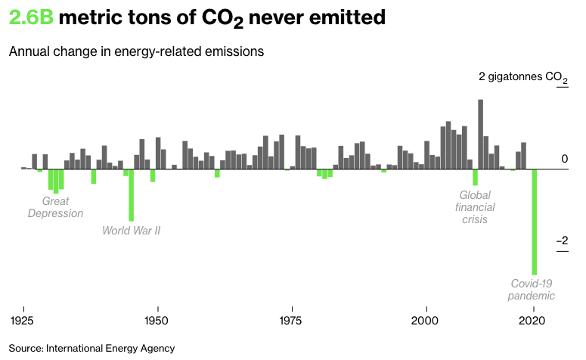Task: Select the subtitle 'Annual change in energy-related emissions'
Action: click(x=136, y=52)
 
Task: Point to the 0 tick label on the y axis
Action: click(x=564, y=158)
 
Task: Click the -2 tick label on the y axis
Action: click(x=562, y=241)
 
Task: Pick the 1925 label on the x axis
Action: click(x=24, y=320)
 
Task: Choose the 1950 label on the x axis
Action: click(x=157, y=320)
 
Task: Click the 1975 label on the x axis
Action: click(x=292, y=320)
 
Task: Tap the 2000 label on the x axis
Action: click(x=426, y=320)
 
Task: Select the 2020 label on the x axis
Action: click(x=534, y=320)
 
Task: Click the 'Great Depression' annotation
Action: click(x=55, y=207)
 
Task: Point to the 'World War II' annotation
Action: click(x=132, y=230)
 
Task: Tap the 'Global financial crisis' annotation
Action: click(x=475, y=206)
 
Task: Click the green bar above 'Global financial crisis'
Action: click(x=475, y=177)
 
